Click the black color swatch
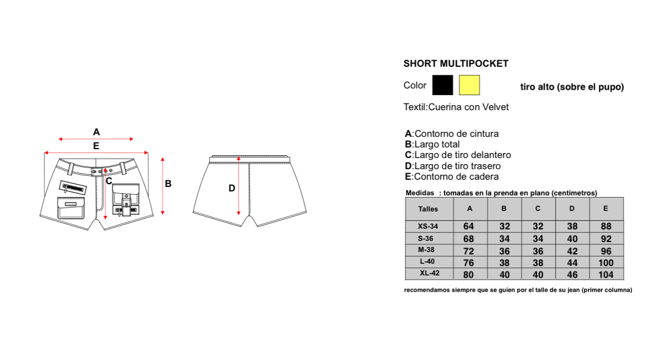pyautogui.click(x=442, y=85)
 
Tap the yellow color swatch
pyautogui.click(x=469, y=85)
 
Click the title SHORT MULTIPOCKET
pyautogui.click(x=456, y=63)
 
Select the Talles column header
pyautogui.click(x=428, y=209)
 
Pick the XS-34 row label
pyautogui.click(x=427, y=226)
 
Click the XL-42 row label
pyautogui.click(x=429, y=273)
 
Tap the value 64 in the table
pyautogui.click(x=468, y=226)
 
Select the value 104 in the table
pyautogui.click(x=606, y=274)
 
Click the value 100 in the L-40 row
pyautogui.click(x=606, y=263)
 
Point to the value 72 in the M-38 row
pyautogui.click(x=468, y=251)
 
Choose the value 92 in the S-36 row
pyautogui.click(x=606, y=239)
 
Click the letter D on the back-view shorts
pyautogui.click(x=232, y=188)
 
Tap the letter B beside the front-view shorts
pyautogui.click(x=168, y=184)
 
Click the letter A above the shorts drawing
pyautogui.click(x=96, y=132)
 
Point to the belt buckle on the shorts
pyautogui.click(x=97, y=171)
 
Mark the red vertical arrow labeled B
pyautogui.click(x=162, y=186)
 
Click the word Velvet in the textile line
pyautogui.click(x=495, y=107)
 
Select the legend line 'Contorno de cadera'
pyautogui.click(x=451, y=176)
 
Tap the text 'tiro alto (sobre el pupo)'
pyautogui.click(x=572, y=87)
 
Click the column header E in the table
pyautogui.click(x=605, y=209)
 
